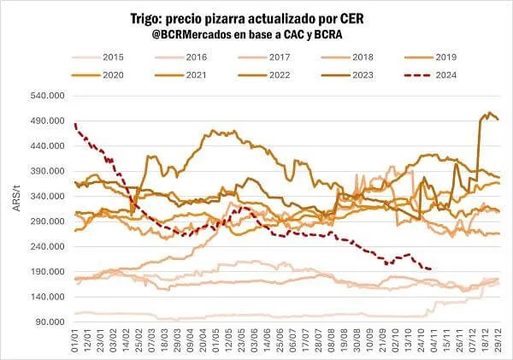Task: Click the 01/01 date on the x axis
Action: (78, 340)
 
